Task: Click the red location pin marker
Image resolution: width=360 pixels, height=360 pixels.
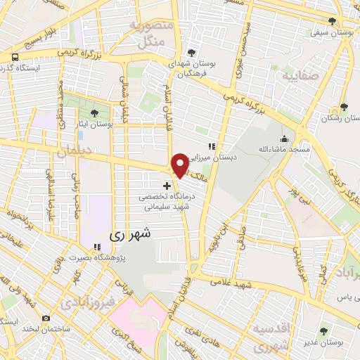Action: [179, 165]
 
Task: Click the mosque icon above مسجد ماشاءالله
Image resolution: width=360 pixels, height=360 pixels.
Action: [283, 139]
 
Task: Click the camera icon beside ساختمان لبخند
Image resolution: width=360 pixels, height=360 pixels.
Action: [46, 319]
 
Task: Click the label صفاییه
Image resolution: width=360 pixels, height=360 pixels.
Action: [295, 75]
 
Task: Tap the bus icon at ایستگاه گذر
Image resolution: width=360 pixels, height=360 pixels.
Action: [15, 57]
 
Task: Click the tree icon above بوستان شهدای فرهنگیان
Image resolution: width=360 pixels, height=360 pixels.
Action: [192, 53]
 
